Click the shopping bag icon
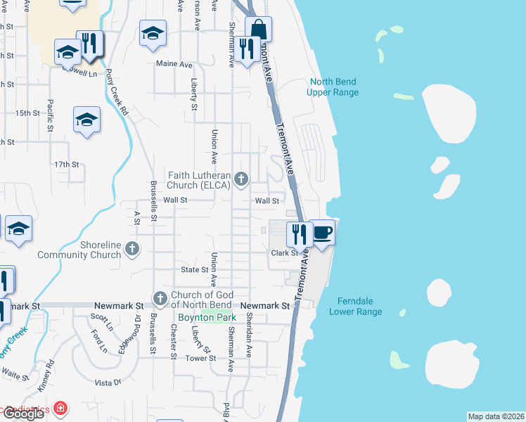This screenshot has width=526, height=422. [258, 30]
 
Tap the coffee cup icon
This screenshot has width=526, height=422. [322, 231]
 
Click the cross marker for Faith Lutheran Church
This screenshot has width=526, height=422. [241, 180]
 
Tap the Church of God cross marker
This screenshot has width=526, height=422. [160, 300]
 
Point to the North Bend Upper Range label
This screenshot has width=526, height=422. [333, 87]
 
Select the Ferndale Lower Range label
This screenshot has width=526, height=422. [355, 306]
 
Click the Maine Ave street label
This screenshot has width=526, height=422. [174, 64]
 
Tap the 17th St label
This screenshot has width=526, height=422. [67, 165]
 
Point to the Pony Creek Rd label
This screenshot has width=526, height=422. [117, 94]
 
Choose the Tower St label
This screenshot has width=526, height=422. [200, 358]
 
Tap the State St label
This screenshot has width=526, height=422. [195, 269]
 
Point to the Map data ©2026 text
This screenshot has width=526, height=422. [496, 416]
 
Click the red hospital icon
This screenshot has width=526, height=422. [61, 408]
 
